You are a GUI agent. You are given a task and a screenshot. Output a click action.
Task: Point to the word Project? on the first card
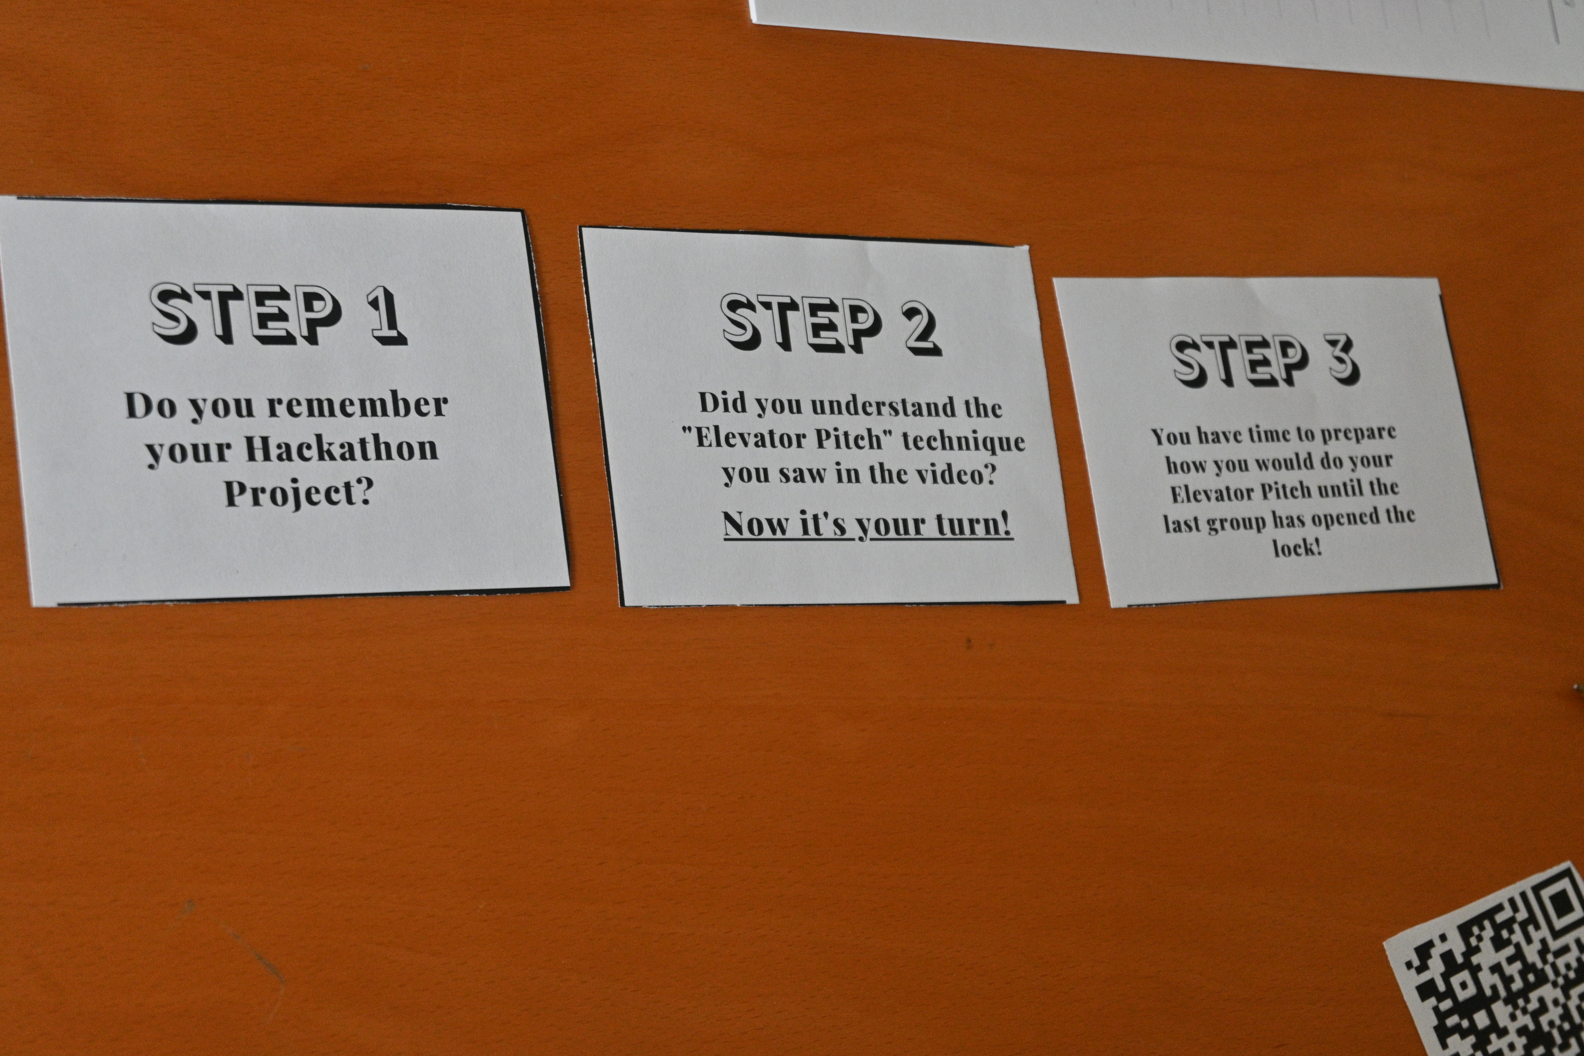298,494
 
